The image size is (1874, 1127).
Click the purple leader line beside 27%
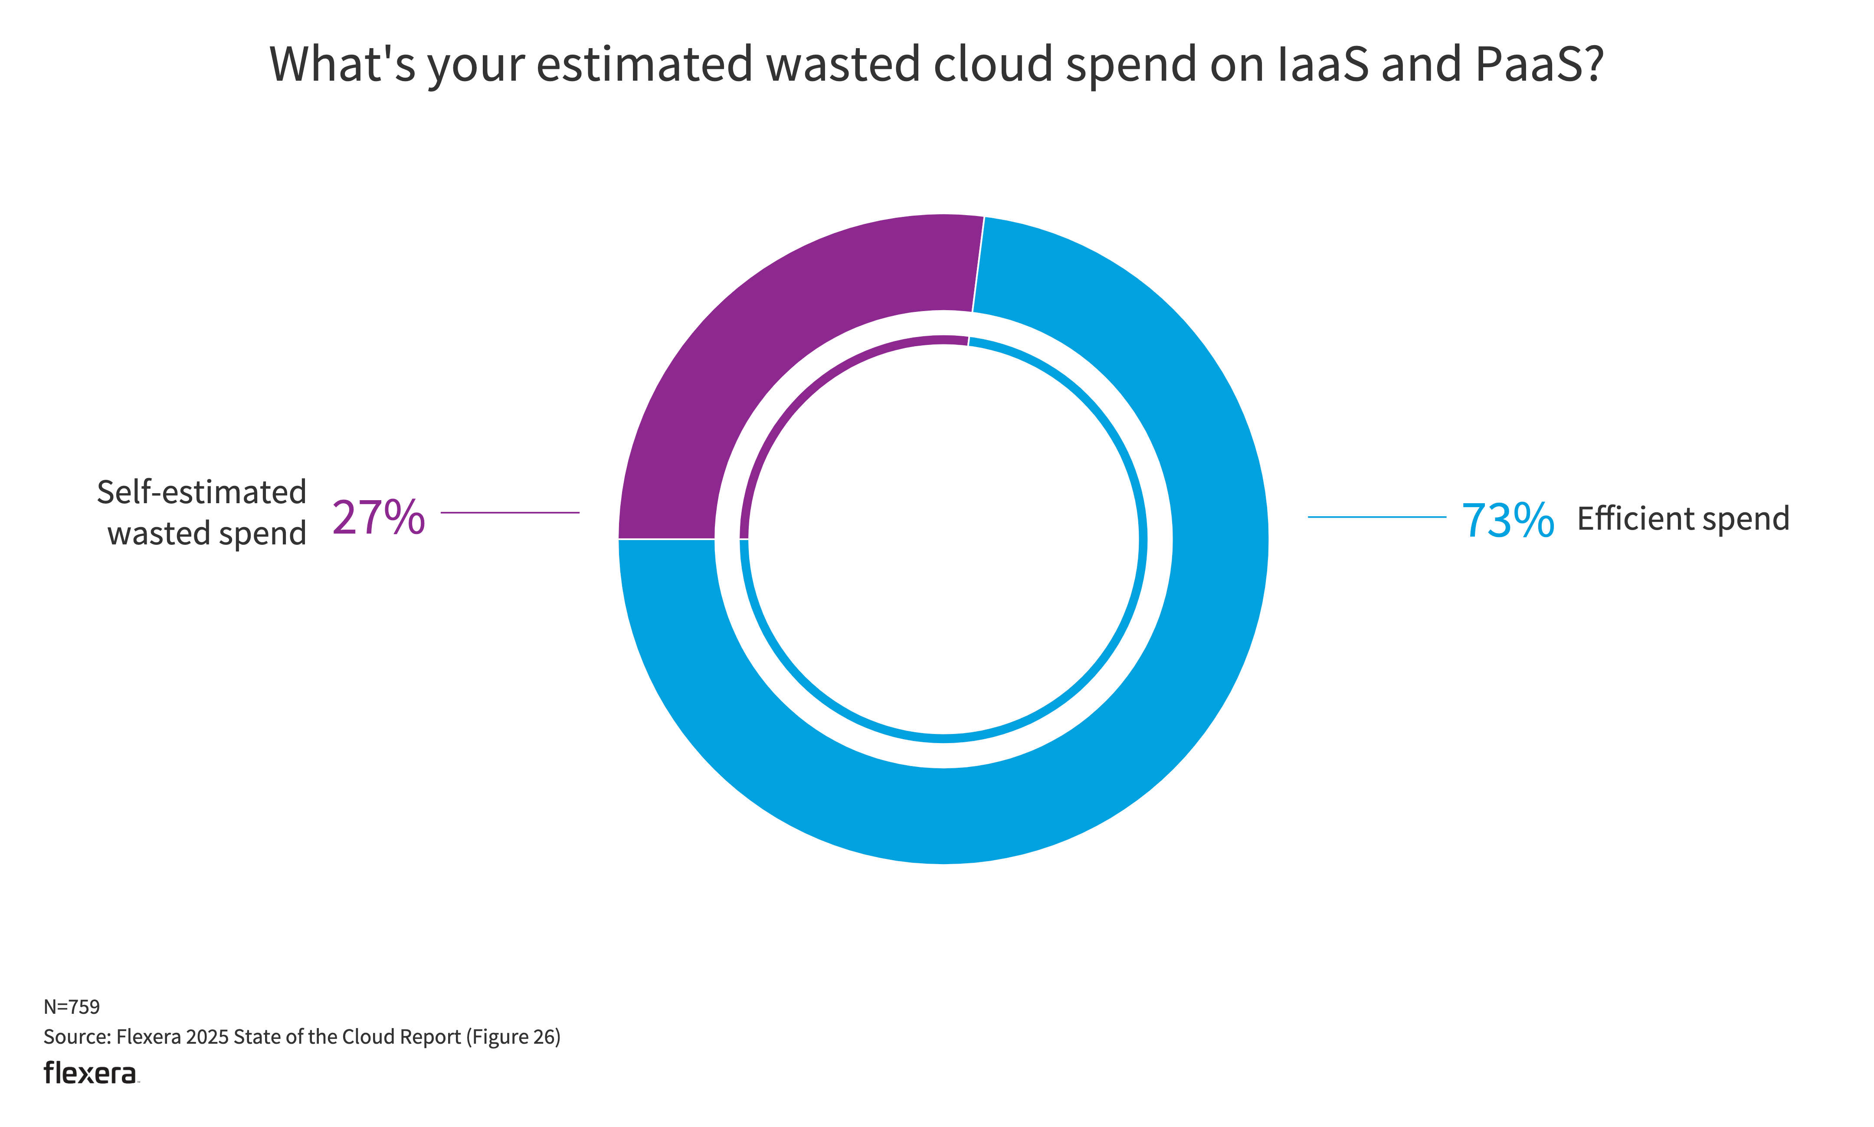[510, 513]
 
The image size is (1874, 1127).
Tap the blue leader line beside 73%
[1376, 517]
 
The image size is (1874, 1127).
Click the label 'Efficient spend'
[1683, 519]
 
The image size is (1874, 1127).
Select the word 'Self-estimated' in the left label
[201, 492]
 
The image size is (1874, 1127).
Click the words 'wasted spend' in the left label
[206, 533]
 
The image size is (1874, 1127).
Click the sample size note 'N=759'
[72, 1006]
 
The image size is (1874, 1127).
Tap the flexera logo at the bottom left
[90, 1073]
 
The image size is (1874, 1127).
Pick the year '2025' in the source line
[206, 1037]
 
